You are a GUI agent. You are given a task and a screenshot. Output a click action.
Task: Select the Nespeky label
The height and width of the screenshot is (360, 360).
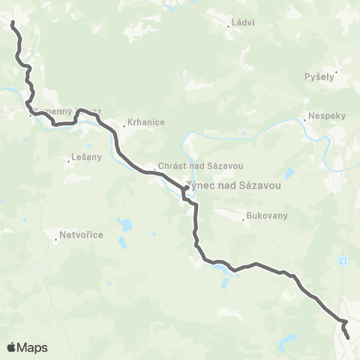click(322, 117)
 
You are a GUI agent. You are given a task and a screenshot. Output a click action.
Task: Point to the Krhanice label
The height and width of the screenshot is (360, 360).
click(145, 121)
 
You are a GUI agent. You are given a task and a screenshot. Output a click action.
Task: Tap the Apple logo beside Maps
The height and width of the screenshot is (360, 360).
click(12, 347)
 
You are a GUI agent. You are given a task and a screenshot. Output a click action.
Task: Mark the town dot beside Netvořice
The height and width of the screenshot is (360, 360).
click(57, 240)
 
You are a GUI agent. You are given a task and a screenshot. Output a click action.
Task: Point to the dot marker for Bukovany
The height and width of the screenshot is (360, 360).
click(244, 220)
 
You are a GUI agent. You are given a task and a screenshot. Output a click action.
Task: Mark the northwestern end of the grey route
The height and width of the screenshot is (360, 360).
click(13, 24)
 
